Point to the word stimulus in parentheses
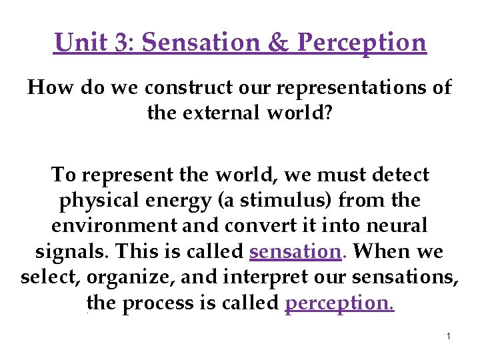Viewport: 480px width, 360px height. tap(289, 201)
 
